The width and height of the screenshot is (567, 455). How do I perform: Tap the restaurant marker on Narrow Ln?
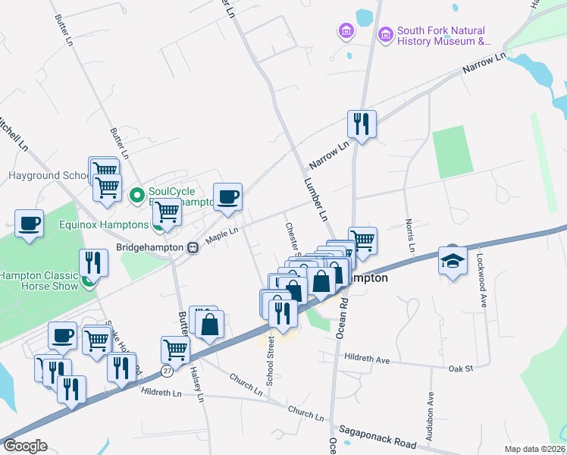(x=362, y=124)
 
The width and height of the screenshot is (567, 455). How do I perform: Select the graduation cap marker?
(x=453, y=260)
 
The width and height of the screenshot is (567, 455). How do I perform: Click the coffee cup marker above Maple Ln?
(x=227, y=197)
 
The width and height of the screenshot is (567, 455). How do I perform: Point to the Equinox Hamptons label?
(x=104, y=224)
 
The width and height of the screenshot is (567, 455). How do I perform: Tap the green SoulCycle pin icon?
(x=137, y=196)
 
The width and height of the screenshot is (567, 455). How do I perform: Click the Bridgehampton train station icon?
(x=193, y=247)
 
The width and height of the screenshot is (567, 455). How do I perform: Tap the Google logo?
(x=25, y=446)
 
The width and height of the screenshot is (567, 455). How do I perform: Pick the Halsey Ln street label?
(x=199, y=384)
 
